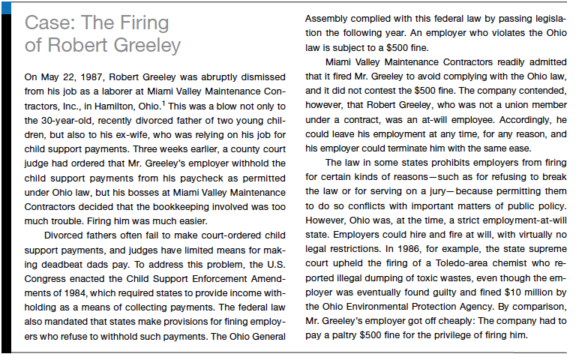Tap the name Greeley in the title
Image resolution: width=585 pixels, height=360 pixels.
pos(143,45)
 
